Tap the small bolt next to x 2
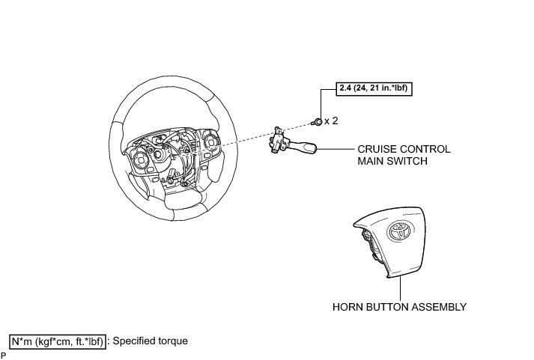point(318,120)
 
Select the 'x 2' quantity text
point(331,120)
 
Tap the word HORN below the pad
point(348,307)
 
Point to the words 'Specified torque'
point(150,341)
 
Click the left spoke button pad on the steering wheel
point(140,158)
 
